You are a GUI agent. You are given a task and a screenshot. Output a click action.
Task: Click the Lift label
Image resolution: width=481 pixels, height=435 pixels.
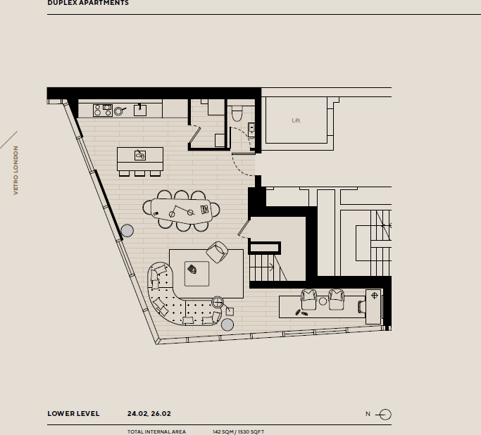coord(296,120)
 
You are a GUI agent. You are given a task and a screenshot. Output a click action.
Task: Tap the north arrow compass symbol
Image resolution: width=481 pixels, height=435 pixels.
coord(385,414)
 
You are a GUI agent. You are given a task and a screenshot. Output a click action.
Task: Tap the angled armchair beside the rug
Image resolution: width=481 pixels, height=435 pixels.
coord(218,251)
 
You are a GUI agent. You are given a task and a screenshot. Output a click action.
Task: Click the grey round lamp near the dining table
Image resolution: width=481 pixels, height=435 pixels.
coord(127,230)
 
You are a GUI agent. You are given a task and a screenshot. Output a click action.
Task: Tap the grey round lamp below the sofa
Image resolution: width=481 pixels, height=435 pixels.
coord(227,324)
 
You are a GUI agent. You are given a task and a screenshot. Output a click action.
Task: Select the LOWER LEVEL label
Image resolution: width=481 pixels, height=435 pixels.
coord(73,414)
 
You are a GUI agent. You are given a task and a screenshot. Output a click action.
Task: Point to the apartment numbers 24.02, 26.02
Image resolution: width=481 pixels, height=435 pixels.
coord(149,414)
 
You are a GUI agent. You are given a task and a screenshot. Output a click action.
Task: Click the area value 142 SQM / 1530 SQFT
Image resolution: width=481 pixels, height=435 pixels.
coord(238,431)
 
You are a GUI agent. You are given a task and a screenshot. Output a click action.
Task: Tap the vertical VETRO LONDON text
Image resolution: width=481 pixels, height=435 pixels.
coord(15,170)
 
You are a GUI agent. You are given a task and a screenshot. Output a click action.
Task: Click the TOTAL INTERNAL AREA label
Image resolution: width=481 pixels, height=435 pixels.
coord(156,431)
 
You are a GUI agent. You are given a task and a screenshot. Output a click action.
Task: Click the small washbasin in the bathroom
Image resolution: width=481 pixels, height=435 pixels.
coord(251,129)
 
